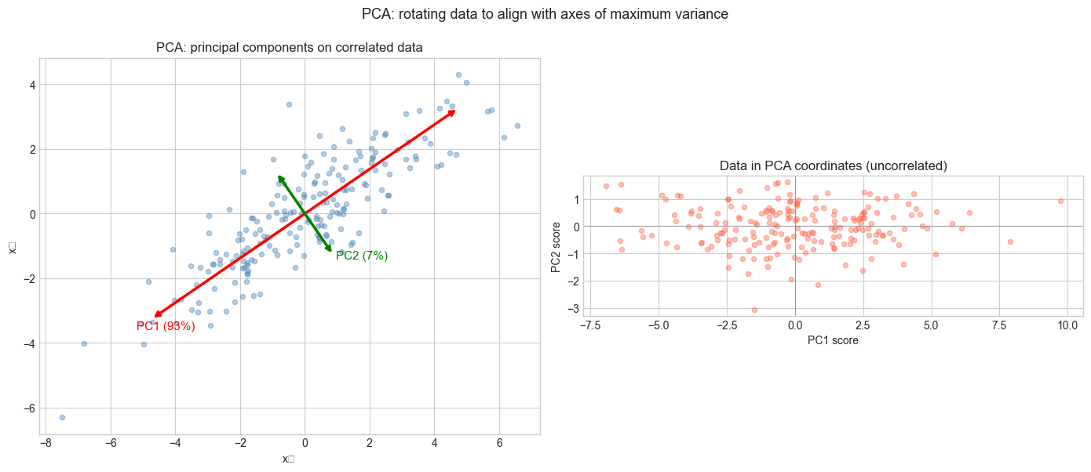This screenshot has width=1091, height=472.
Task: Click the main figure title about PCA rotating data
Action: coord(545,13)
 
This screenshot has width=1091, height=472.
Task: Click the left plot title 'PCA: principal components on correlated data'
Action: coord(290,48)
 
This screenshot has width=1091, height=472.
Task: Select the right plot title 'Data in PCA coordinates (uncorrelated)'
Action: coord(833,166)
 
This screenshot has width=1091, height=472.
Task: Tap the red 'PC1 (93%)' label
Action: coord(166,326)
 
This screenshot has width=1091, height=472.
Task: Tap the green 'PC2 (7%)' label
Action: coord(362,256)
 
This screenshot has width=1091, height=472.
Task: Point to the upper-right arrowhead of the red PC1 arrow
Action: coord(454,111)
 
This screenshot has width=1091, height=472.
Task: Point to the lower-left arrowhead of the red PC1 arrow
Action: coord(156,316)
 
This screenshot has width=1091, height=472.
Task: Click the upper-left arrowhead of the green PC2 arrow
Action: coord(279,177)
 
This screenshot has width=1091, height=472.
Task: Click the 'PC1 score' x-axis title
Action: coord(833,340)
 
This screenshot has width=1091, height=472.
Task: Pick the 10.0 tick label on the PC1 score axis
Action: coord(1067,325)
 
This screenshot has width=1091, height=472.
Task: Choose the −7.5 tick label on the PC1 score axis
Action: coord(590,325)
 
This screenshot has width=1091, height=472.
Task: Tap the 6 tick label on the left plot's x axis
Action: coord(499,442)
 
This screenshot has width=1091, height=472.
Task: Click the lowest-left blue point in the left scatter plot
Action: coord(62,417)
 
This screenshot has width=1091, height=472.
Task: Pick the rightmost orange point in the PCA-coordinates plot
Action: coord(1060,201)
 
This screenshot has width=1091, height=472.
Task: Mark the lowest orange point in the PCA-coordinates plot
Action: coord(754,310)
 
